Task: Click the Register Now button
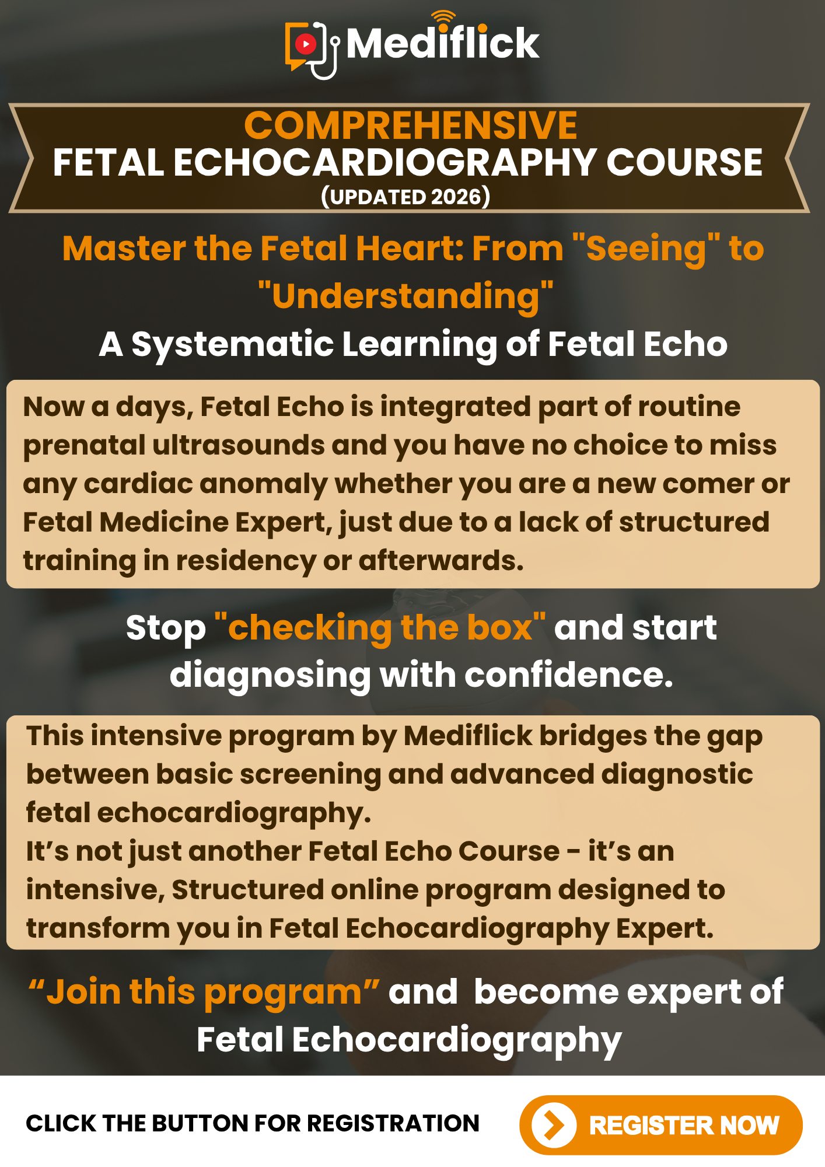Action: click(660, 1125)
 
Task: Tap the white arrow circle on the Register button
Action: click(554, 1125)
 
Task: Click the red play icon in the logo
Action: click(305, 44)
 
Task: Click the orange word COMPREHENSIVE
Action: click(411, 125)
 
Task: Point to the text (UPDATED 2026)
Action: click(405, 197)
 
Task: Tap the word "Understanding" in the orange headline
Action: click(405, 296)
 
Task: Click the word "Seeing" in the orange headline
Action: click(646, 248)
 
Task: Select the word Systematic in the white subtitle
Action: click(233, 344)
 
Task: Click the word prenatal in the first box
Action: click(84, 445)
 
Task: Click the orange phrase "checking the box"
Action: click(380, 627)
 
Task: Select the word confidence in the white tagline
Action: click(569, 675)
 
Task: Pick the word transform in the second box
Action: click(98, 928)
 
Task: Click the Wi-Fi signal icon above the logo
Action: click(444, 19)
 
